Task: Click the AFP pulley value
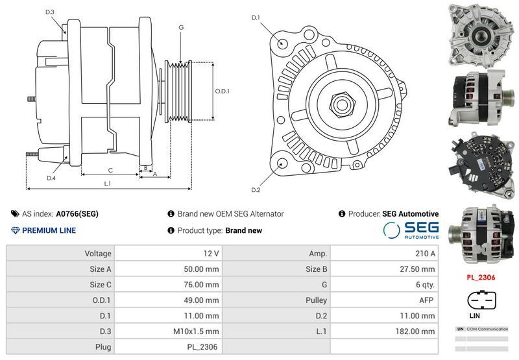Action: click(x=428, y=300)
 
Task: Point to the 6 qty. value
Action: click(x=424, y=285)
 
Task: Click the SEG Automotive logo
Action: click(x=411, y=230)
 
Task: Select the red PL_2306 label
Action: click(x=481, y=277)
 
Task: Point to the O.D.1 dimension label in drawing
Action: click(x=222, y=91)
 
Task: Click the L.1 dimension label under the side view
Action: click(x=108, y=184)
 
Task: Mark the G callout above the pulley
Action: click(x=181, y=27)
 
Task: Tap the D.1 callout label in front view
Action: click(x=256, y=18)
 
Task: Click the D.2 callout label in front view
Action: click(x=256, y=189)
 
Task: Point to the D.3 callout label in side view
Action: click(x=50, y=12)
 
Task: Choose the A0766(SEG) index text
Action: click(x=77, y=213)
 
